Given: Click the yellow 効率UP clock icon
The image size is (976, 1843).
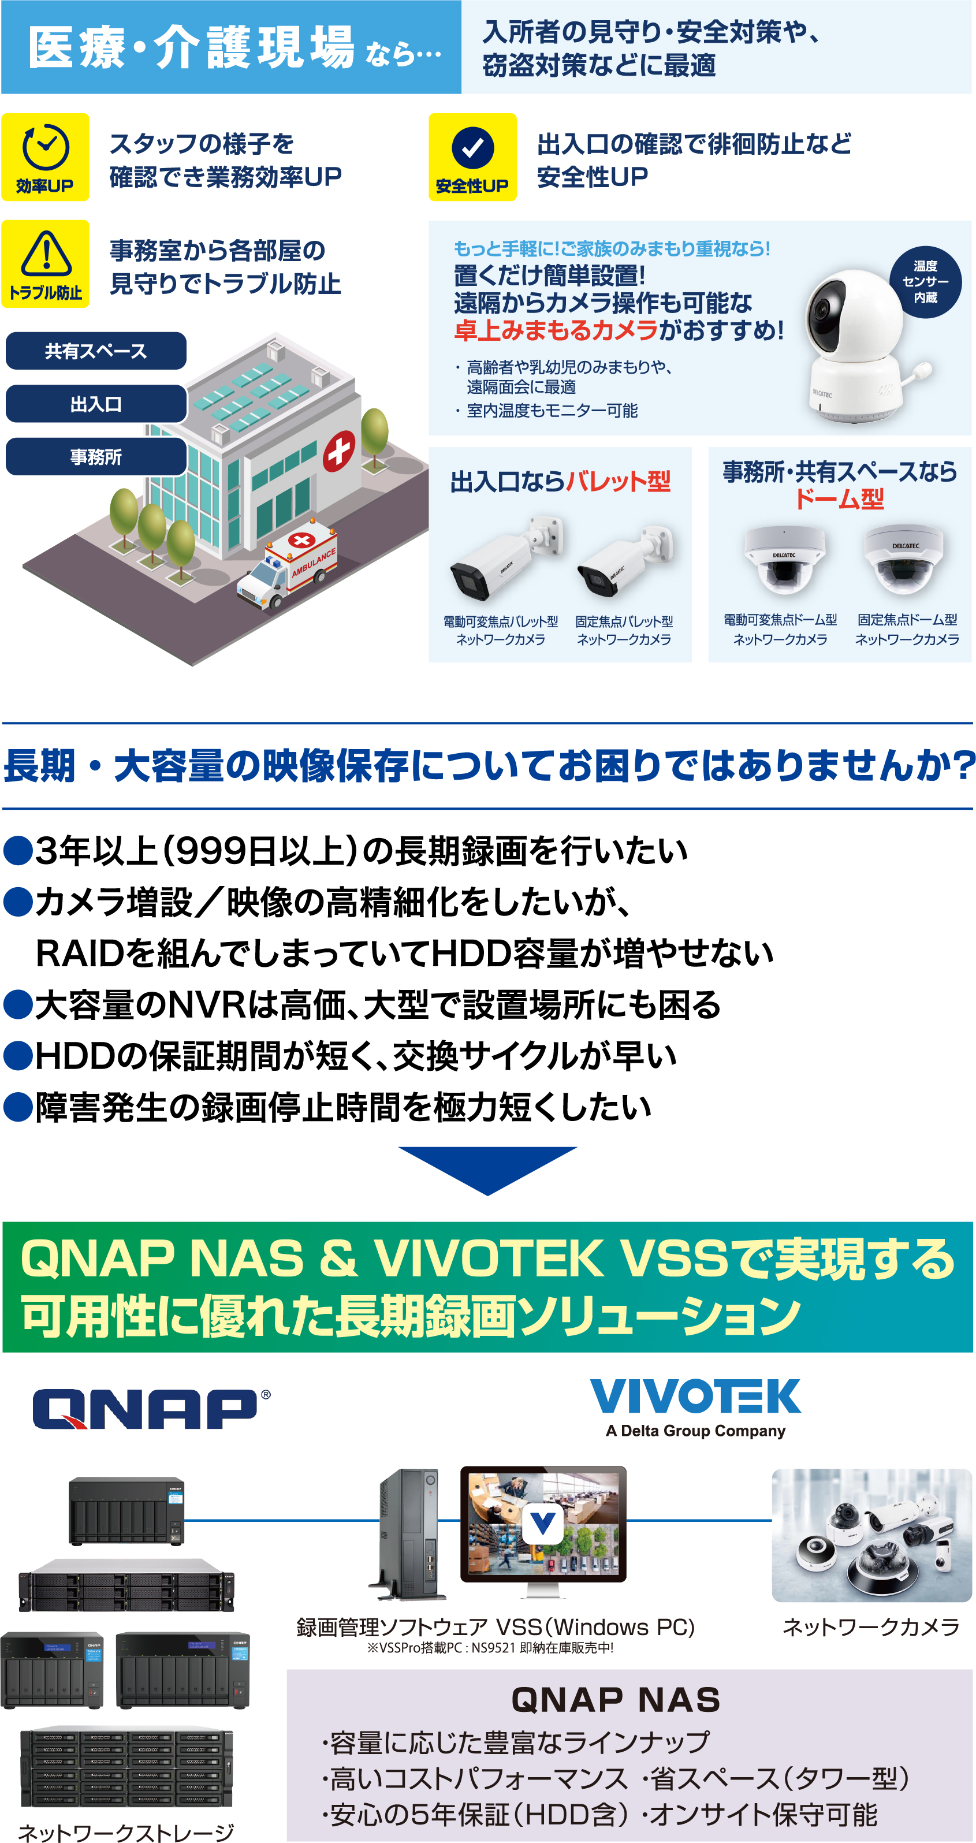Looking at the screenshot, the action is (45, 157).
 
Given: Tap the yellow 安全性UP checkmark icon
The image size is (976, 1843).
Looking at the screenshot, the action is (472, 157).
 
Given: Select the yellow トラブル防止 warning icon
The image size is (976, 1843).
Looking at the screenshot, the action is (45, 263).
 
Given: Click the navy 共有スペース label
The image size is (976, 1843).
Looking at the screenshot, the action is (96, 351).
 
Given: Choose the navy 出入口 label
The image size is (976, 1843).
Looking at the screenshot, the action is (96, 404).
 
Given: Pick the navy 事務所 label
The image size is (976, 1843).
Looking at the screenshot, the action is (96, 456).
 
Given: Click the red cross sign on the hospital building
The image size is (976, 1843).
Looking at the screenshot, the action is (338, 450).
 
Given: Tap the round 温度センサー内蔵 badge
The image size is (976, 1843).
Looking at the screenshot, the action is (925, 281).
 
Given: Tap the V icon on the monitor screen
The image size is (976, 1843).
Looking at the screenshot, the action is (542, 1525).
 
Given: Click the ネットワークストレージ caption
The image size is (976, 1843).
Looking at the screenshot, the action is (126, 1831).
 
